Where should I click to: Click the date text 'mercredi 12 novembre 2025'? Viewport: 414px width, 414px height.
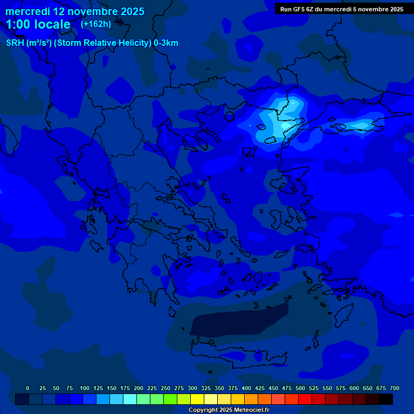click(74, 11)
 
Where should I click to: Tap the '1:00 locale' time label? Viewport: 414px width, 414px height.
click(38, 24)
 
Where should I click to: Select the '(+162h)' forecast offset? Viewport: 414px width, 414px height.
click(95, 24)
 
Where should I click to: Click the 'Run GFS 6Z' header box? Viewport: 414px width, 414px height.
click(341, 9)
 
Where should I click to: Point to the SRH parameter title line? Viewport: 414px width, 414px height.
click(92, 43)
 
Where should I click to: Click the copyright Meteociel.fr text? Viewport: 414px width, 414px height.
click(229, 410)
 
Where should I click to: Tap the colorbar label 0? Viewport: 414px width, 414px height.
click(27, 388)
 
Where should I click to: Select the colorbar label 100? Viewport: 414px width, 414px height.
click(85, 388)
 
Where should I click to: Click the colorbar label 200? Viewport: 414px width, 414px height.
click(139, 388)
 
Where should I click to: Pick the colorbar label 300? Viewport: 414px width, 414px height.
click(192, 388)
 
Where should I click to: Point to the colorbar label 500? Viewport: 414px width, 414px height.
click(300, 388)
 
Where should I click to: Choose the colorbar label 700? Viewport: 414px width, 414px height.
click(395, 388)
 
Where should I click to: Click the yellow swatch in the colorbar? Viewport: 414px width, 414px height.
click(197, 399)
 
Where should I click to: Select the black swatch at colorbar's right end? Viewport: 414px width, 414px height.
click(386, 399)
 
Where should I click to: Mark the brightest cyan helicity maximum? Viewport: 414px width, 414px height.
click(284, 125)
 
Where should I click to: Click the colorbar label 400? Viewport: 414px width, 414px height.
click(246, 388)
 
